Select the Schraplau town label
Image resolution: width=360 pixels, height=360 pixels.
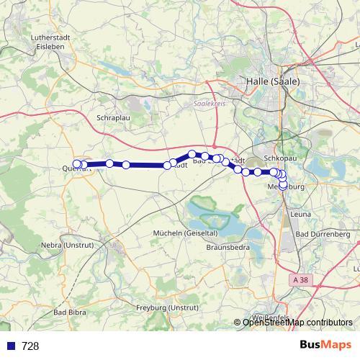[112, 116]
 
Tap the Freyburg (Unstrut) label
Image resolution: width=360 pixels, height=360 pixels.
[167, 308]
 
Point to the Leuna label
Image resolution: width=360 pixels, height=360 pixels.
[299, 215]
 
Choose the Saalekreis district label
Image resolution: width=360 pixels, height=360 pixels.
[210, 104]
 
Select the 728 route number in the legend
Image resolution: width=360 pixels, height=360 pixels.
[30, 346]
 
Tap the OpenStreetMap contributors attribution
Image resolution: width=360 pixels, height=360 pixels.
[297, 322]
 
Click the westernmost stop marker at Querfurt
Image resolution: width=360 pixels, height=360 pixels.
[77, 164]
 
